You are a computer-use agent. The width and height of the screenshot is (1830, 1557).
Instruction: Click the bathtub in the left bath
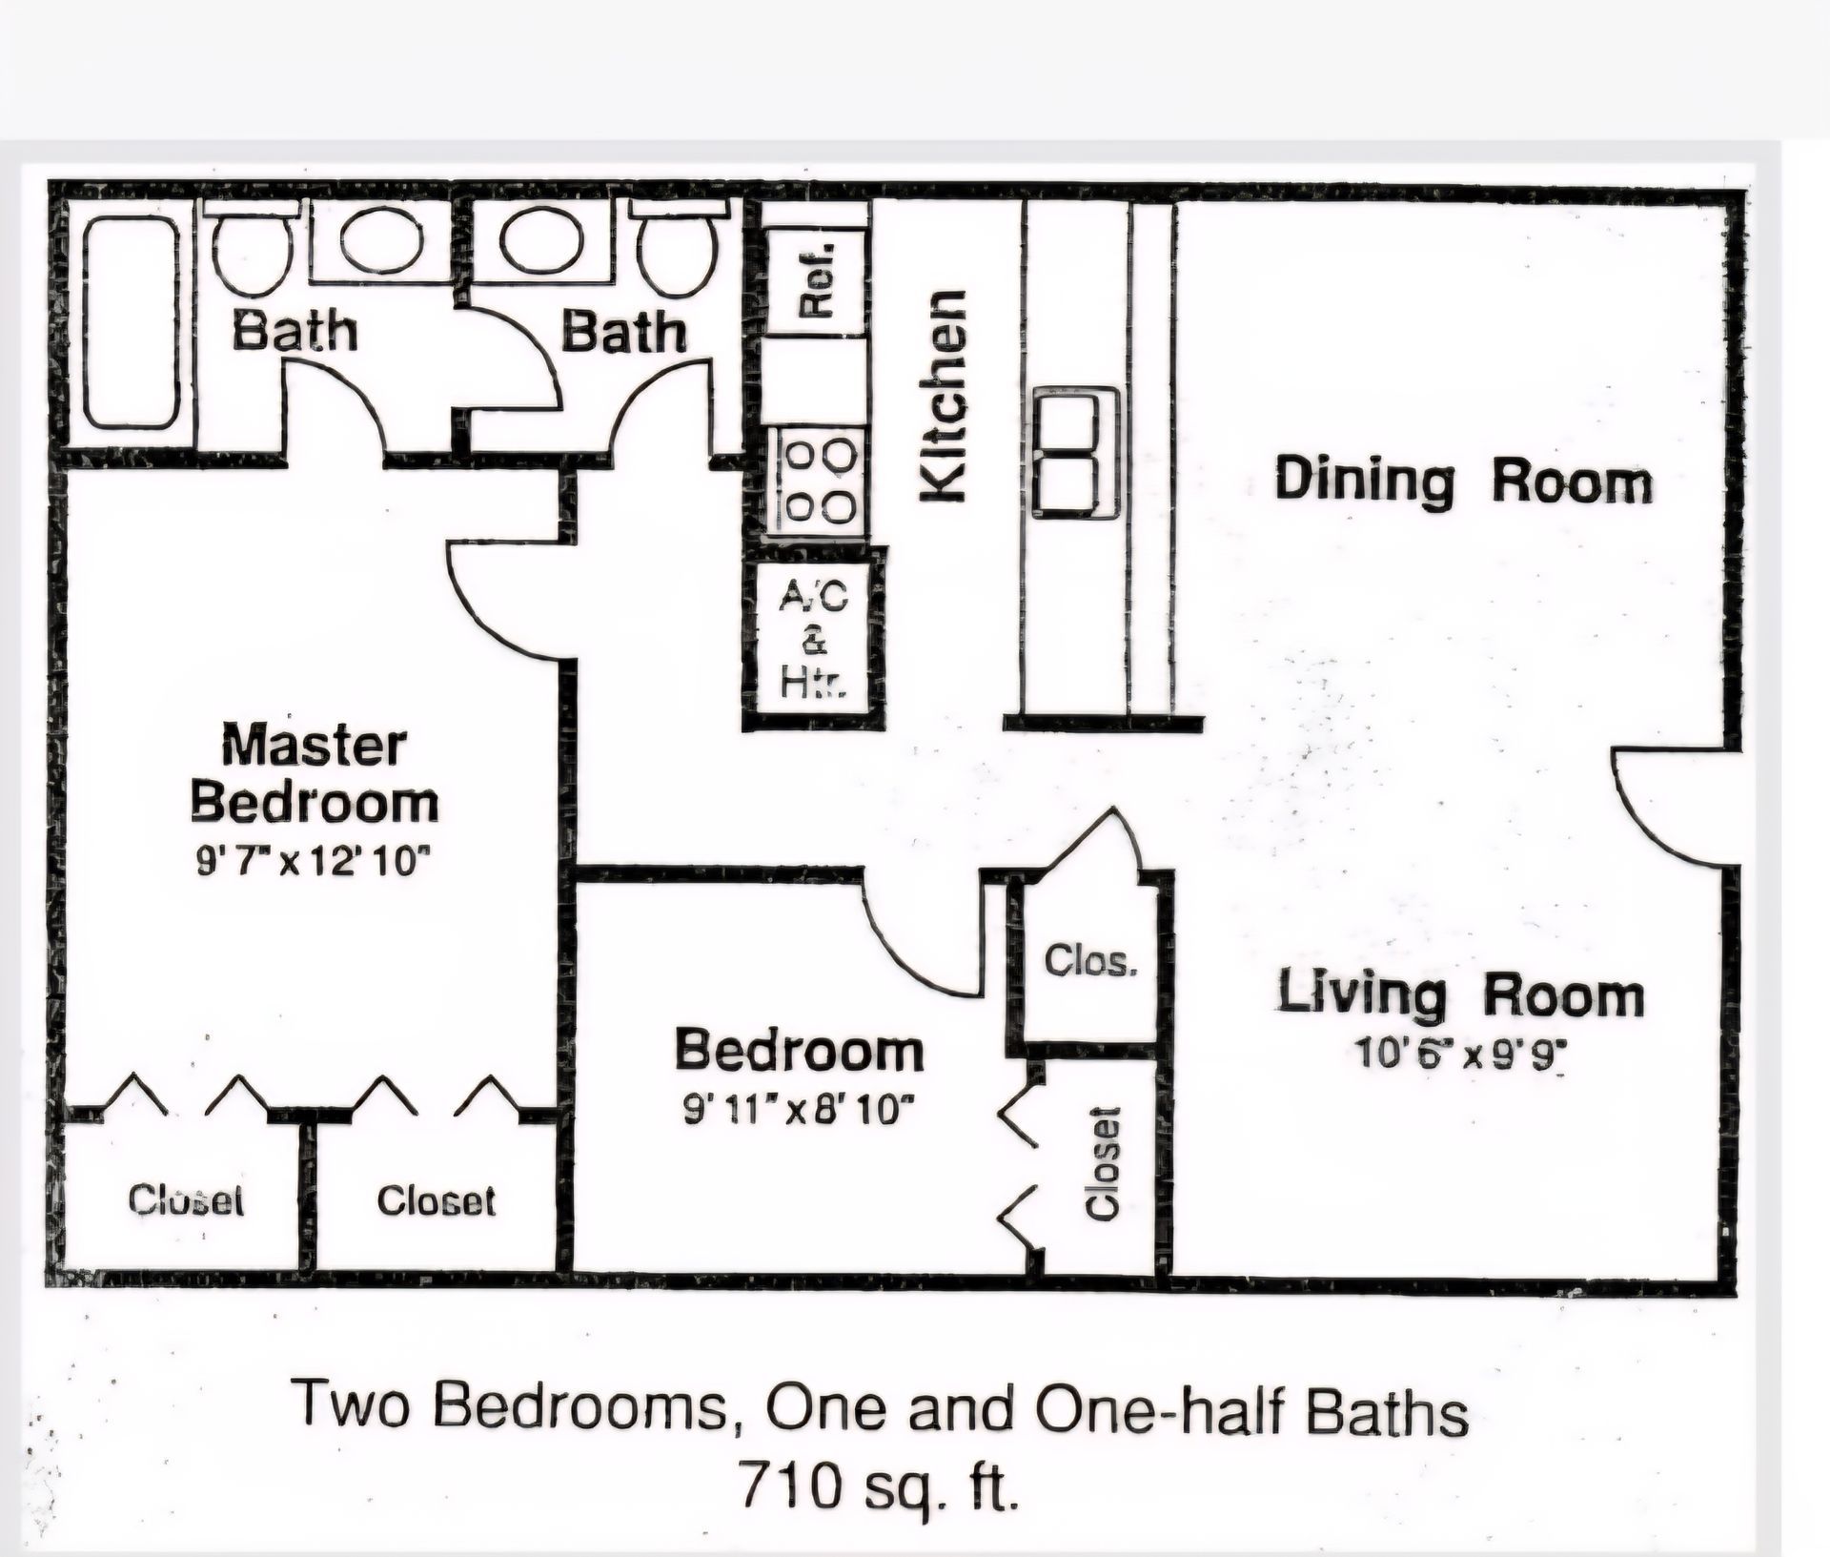point(132,322)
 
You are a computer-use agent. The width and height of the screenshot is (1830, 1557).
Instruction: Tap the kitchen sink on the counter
point(1076,453)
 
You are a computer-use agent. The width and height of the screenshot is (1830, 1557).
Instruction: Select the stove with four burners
point(817,480)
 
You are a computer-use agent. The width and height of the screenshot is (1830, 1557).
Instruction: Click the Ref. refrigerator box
point(817,281)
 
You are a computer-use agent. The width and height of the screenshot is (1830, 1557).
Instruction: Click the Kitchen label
point(943,395)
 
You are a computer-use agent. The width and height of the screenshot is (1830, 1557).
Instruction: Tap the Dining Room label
point(1463,481)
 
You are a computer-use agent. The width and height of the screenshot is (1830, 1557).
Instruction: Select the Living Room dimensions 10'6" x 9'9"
point(1461,1055)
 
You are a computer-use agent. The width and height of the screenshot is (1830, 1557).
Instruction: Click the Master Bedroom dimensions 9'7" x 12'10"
point(314,862)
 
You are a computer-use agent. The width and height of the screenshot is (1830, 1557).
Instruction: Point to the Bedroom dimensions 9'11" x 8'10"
point(801,1110)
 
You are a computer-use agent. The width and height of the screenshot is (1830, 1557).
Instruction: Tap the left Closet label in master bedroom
point(187,1198)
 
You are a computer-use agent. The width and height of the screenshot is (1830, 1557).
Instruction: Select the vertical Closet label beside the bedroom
point(1103,1163)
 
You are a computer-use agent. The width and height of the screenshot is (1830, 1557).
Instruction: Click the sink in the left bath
point(382,238)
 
